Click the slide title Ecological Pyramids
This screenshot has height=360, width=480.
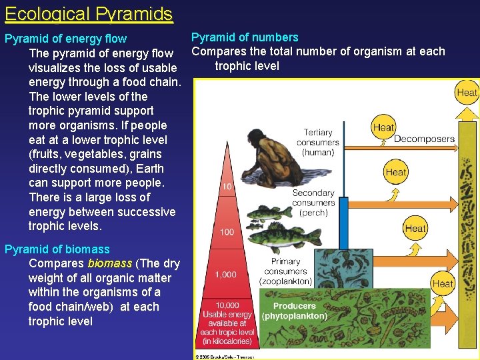click(89, 13)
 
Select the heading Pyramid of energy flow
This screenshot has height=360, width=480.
click(65, 39)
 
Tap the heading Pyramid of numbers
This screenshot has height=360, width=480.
click(245, 37)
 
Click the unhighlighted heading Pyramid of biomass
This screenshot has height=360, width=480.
click(57, 249)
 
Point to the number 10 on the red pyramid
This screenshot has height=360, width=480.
click(227, 187)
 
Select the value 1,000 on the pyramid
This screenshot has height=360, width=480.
click(225, 274)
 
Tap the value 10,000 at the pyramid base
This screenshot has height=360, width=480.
click(227, 305)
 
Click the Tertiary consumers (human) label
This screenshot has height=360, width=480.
click(318, 143)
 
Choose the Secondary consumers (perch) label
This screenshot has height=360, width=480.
click(313, 203)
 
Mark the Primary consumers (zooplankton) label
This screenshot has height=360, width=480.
click(285, 271)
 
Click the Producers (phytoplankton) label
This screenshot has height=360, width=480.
click(294, 311)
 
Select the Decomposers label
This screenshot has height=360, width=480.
click(424, 139)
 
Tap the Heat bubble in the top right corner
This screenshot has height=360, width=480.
click(467, 93)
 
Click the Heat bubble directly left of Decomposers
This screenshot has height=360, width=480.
click(383, 127)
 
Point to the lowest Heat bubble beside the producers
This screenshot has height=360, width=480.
click(443, 283)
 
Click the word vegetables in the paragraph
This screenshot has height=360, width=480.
click(78, 154)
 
